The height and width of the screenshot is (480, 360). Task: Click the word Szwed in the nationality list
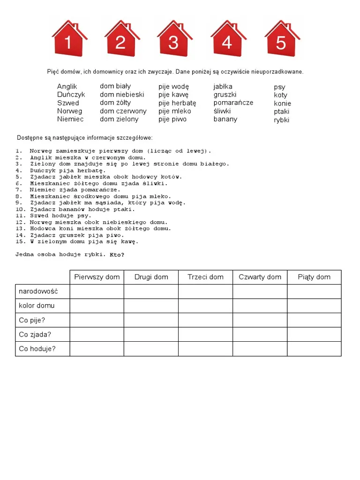pos(68,103)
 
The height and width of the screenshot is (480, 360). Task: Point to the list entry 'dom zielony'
pos(119,119)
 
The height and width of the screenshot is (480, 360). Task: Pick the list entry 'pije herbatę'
pos(177,103)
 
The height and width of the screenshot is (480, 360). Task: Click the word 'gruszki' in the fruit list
pos(225,95)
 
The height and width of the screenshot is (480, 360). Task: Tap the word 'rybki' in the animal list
pos(282,120)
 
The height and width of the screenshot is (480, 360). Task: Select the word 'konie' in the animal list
pos(283,103)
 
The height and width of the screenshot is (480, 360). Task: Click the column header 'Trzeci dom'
pos(205,277)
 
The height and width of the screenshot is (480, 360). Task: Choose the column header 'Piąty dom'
pos(314,277)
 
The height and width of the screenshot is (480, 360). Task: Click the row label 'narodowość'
pos(38,292)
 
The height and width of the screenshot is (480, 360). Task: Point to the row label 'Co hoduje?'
pos(37,349)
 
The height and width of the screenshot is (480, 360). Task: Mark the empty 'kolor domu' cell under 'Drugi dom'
pos(151,306)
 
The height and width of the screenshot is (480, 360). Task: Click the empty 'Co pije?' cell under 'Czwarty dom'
pos(260,320)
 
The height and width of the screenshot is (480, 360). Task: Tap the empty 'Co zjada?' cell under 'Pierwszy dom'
pos(97,334)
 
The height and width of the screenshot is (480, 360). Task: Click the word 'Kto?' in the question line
pos(117,255)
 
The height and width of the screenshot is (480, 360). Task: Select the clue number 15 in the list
pos(19,242)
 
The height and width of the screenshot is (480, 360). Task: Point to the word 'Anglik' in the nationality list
pos(67,87)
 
